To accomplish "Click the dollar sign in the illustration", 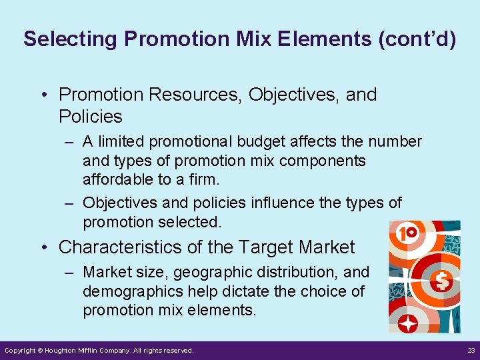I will pyautogui.click(x=442, y=281).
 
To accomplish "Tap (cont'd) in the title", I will pyautogui.click(x=417, y=39).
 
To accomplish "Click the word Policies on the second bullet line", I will pyautogui.click(x=91, y=117).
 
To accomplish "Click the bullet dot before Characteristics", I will pyautogui.click(x=43, y=247).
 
